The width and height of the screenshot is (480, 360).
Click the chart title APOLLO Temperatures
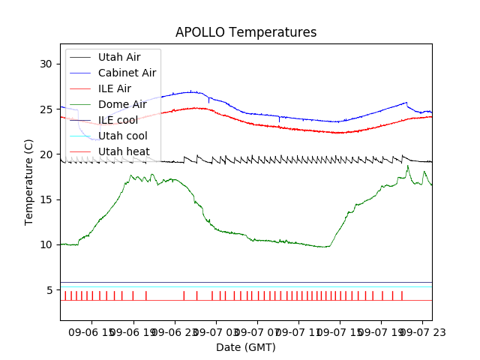point(246,32)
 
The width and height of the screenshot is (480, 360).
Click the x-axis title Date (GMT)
point(246,347)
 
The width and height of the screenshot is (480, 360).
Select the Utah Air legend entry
point(118,57)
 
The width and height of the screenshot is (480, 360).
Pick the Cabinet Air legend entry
point(127,73)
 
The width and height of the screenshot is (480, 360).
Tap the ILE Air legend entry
point(114,88)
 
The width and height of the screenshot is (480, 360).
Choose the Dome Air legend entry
point(122,104)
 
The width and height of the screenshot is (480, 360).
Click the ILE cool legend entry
point(118,120)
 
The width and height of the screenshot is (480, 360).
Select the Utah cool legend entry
point(122,136)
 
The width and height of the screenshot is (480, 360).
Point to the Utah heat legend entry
point(123,151)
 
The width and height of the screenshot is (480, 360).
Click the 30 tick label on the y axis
point(46,64)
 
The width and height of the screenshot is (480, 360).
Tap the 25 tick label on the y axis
point(46,109)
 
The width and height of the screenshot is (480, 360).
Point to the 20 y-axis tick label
point(46,154)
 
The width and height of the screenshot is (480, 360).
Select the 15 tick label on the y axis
point(46,199)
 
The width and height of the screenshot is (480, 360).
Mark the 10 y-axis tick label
point(46,244)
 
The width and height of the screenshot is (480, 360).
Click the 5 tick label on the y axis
point(49,290)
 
